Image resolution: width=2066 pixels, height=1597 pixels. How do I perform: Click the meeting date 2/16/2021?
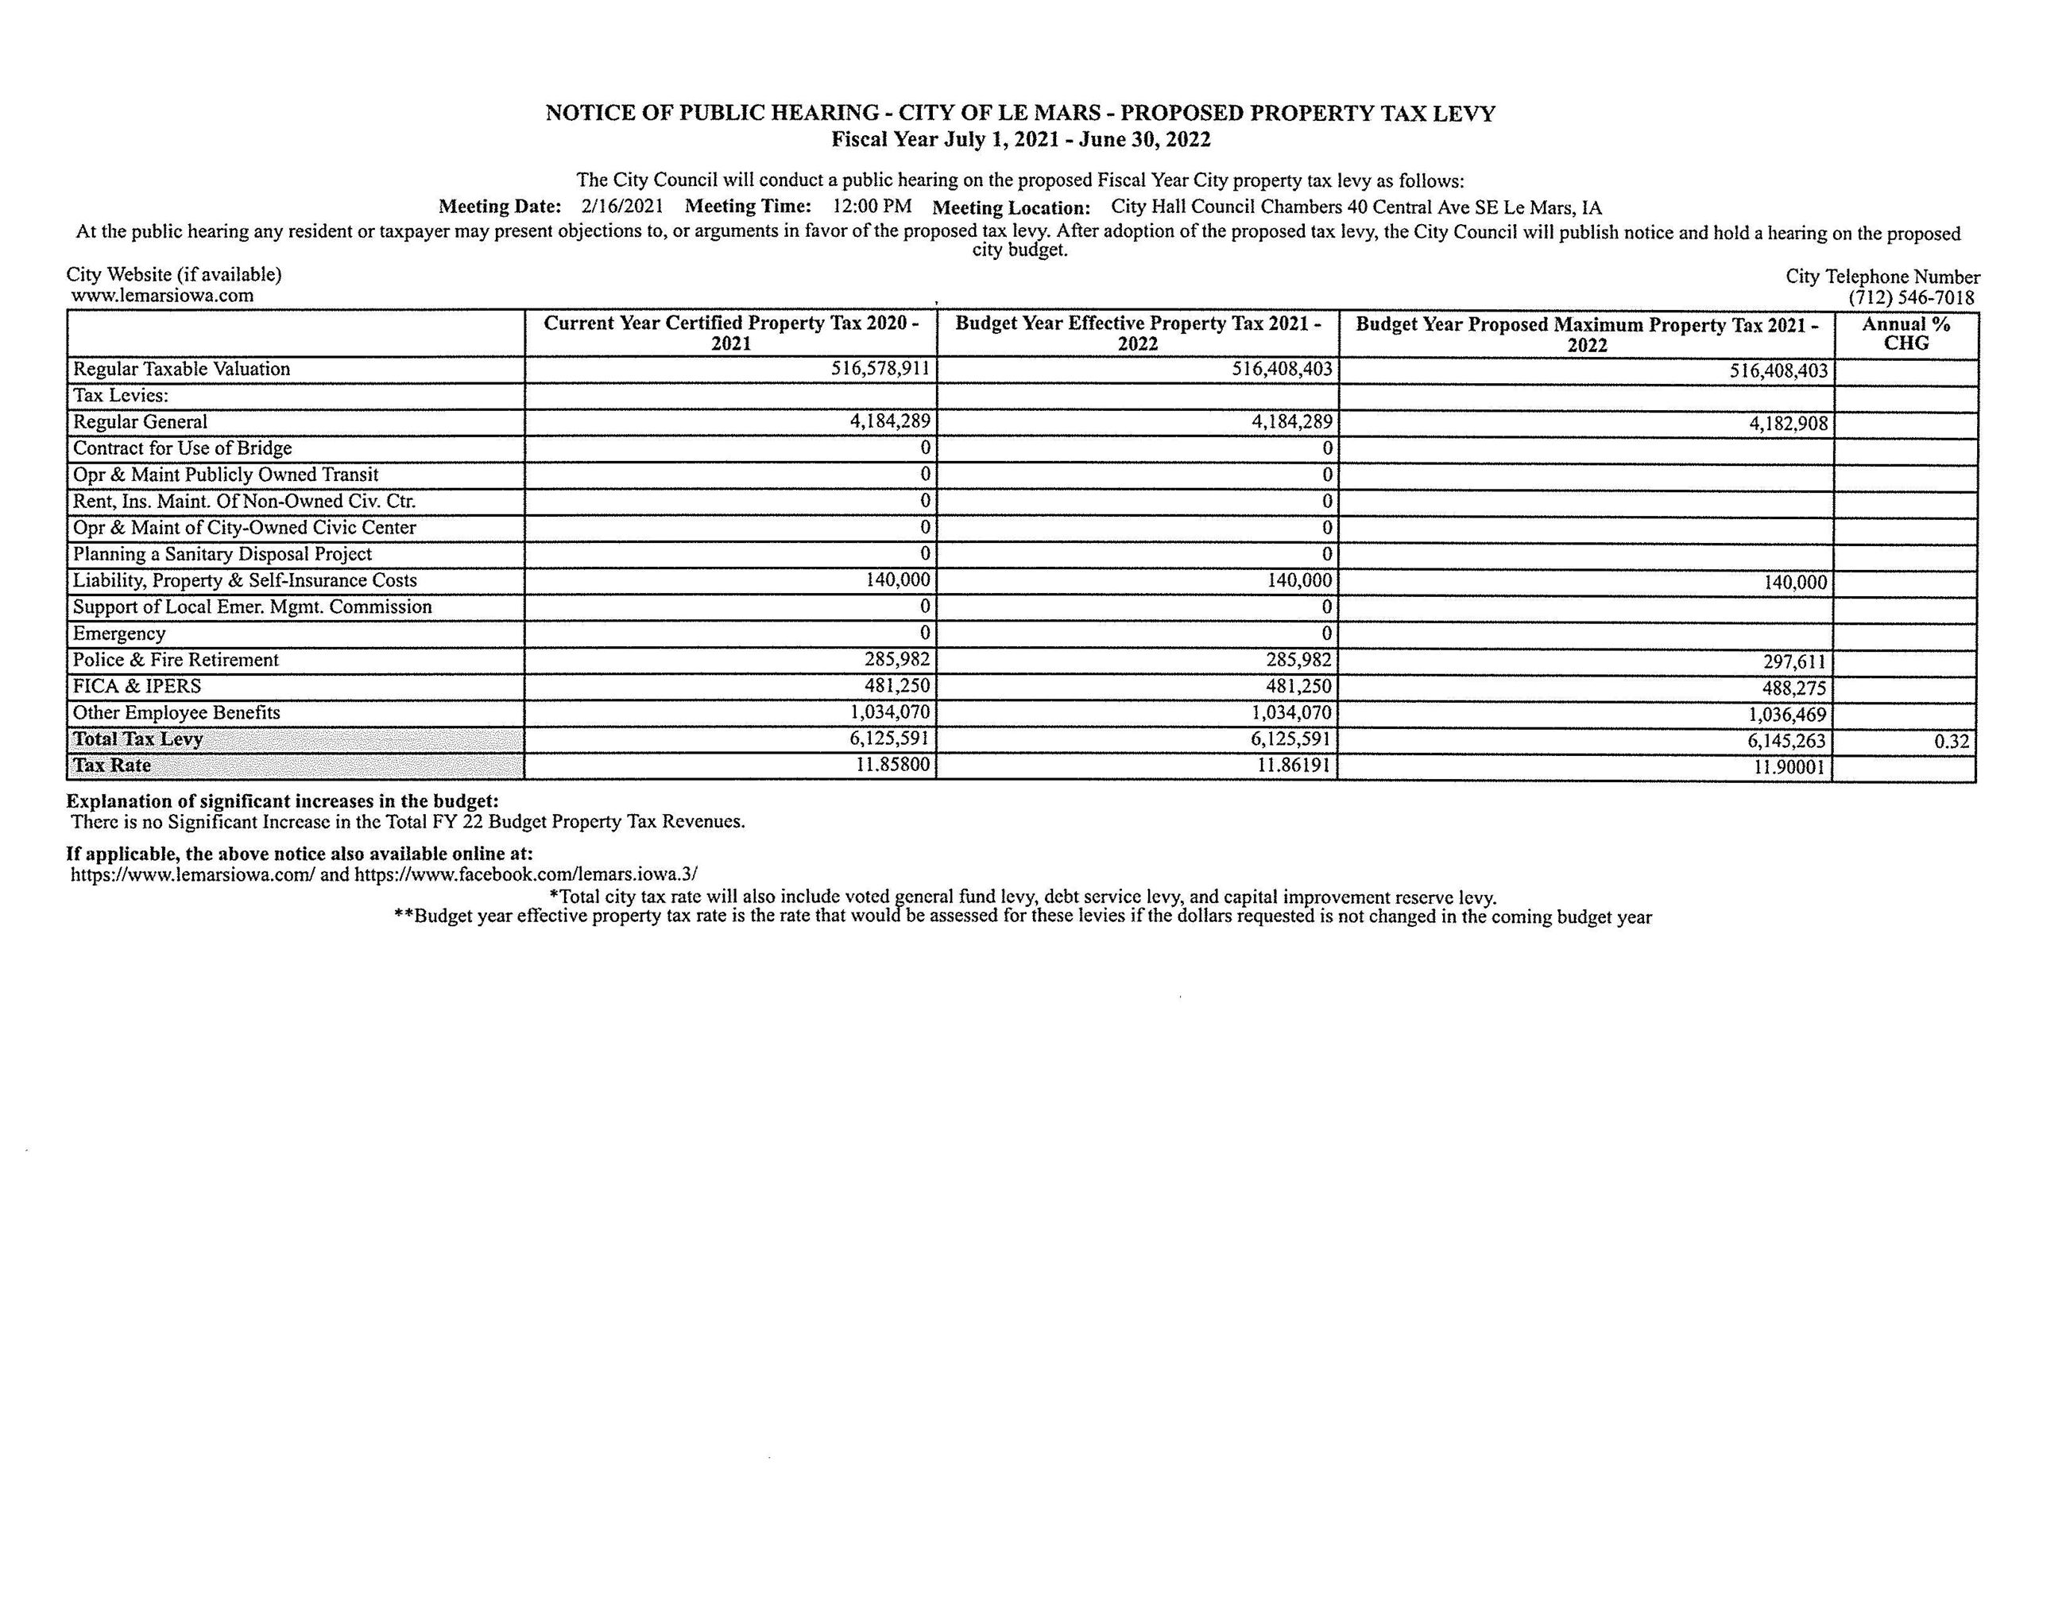(x=621, y=206)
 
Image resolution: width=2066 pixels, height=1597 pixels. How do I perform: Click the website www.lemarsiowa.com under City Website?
(x=162, y=295)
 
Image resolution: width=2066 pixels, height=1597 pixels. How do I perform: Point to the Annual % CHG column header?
(x=1905, y=334)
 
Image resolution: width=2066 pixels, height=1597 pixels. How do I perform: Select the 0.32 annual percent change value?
(x=1951, y=742)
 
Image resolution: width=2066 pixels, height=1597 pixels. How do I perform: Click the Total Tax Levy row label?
(x=138, y=739)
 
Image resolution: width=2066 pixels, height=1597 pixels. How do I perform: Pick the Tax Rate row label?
(x=111, y=766)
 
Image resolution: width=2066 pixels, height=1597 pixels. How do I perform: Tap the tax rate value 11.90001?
(x=1789, y=767)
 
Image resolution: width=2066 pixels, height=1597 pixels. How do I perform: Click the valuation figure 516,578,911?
(x=880, y=368)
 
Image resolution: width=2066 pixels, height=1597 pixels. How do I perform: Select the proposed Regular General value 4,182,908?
(x=1788, y=424)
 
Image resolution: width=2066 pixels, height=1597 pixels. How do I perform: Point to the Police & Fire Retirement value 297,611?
(x=1793, y=662)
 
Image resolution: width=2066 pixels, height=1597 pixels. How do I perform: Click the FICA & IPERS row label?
(x=137, y=686)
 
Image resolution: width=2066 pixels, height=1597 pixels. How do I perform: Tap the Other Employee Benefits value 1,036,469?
(x=1787, y=715)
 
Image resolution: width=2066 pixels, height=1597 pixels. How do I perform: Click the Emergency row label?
(x=119, y=633)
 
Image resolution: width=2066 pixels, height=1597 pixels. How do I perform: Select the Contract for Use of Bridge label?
(x=183, y=448)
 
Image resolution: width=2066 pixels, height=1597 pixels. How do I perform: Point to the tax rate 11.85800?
(x=892, y=763)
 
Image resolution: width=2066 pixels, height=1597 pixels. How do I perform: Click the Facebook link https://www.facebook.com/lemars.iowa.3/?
(x=526, y=874)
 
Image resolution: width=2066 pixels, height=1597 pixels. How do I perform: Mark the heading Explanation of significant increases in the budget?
(x=282, y=801)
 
